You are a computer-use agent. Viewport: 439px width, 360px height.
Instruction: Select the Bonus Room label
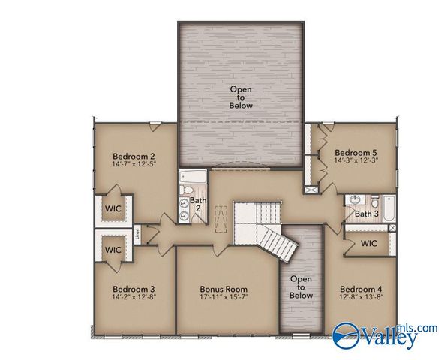click(x=224, y=289)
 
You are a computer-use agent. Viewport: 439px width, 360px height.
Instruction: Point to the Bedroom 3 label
click(x=134, y=289)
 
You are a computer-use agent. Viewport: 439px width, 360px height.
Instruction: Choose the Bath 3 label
click(x=367, y=214)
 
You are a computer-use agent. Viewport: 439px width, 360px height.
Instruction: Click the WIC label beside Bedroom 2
click(x=113, y=208)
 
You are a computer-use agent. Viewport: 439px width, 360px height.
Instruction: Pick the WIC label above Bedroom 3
click(x=113, y=250)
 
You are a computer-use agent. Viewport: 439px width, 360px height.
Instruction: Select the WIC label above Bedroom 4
click(x=368, y=244)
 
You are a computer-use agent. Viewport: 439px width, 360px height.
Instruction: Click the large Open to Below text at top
click(x=241, y=97)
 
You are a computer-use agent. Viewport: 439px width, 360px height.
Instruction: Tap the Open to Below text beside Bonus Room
click(x=301, y=287)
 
